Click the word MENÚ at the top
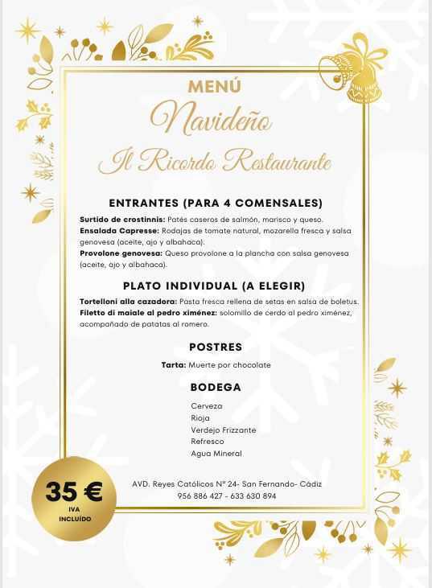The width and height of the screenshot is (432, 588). (x=215, y=85)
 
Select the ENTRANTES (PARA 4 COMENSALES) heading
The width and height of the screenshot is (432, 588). (x=215, y=203)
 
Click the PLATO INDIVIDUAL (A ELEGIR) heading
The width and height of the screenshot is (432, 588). (x=214, y=286)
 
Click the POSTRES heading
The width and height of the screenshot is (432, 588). (x=215, y=347)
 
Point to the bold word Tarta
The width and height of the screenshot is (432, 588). (x=174, y=365)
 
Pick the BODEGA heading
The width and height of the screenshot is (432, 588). (x=215, y=387)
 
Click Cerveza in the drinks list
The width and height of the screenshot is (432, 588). (x=207, y=406)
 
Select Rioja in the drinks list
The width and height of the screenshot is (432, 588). (x=200, y=418)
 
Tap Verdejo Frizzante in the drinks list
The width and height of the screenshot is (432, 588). (x=224, y=430)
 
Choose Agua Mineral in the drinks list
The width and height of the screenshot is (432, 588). (x=216, y=454)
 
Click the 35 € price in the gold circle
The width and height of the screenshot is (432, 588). (x=74, y=492)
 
